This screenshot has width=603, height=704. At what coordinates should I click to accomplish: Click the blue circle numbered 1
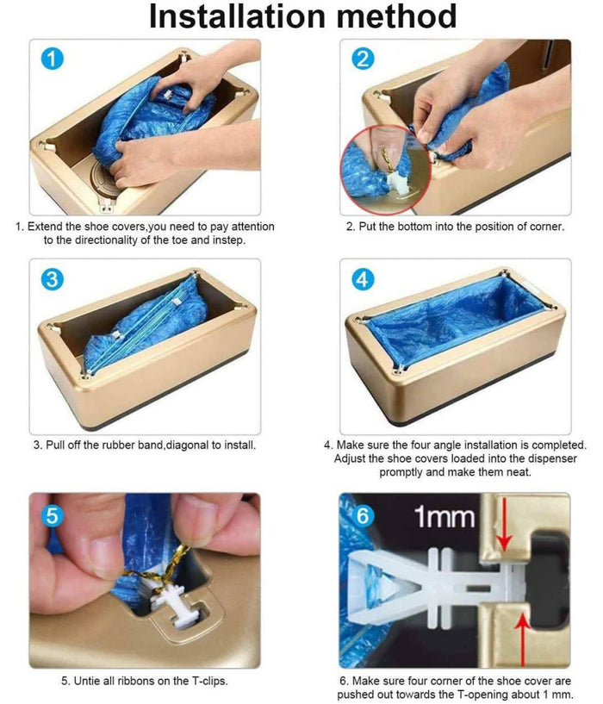(x=52, y=59)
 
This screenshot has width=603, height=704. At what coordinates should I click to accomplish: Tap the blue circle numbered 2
(x=363, y=59)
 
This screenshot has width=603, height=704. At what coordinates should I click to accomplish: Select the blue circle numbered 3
(x=52, y=279)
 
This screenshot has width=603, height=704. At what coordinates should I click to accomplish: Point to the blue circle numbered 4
(x=363, y=279)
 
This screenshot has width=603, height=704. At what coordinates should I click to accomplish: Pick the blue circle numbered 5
(x=52, y=515)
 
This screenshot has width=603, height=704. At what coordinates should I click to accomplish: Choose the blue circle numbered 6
(x=363, y=515)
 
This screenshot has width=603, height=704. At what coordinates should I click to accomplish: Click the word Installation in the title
(x=237, y=16)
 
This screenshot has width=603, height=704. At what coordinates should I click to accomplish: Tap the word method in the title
(x=396, y=16)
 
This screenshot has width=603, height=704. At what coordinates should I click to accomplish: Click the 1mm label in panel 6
(x=444, y=517)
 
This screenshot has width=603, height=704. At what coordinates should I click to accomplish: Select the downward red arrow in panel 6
(x=505, y=525)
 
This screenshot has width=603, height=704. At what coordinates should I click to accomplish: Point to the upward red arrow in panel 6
(x=522, y=639)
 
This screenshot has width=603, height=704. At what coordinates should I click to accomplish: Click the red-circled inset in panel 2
(x=386, y=169)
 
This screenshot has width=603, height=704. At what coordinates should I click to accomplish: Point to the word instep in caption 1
(x=231, y=240)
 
